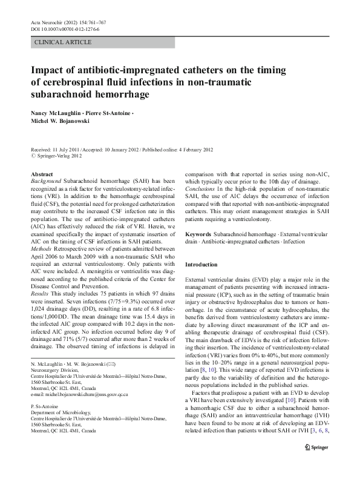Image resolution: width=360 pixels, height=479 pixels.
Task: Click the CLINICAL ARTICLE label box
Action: (x=64, y=42)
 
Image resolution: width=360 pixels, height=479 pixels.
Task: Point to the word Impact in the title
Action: (x=50, y=70)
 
